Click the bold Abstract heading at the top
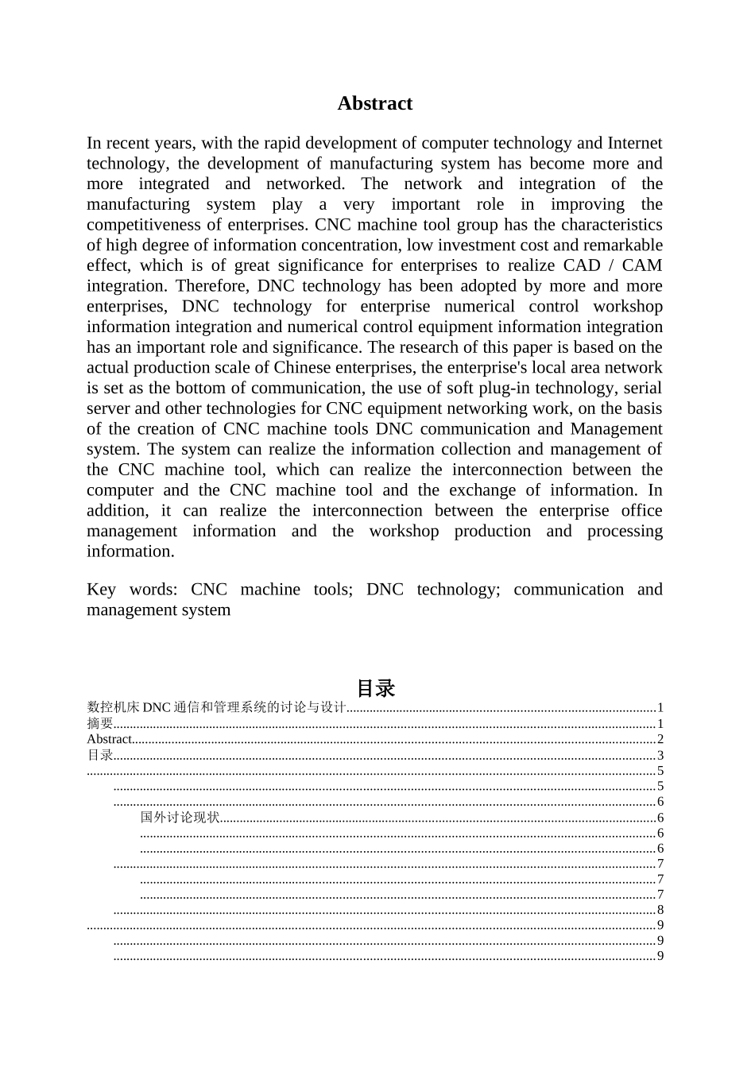(374, 103)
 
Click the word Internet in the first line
(634, 143)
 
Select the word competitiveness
(144, 225)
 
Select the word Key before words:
(101, 590)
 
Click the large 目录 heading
(375, 688)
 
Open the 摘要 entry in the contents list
(99, 724)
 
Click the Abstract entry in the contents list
(110, 740)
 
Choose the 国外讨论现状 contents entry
(180, 818)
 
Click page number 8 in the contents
(660, 911)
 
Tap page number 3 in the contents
(660, 756)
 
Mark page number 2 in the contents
(660, 740)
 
